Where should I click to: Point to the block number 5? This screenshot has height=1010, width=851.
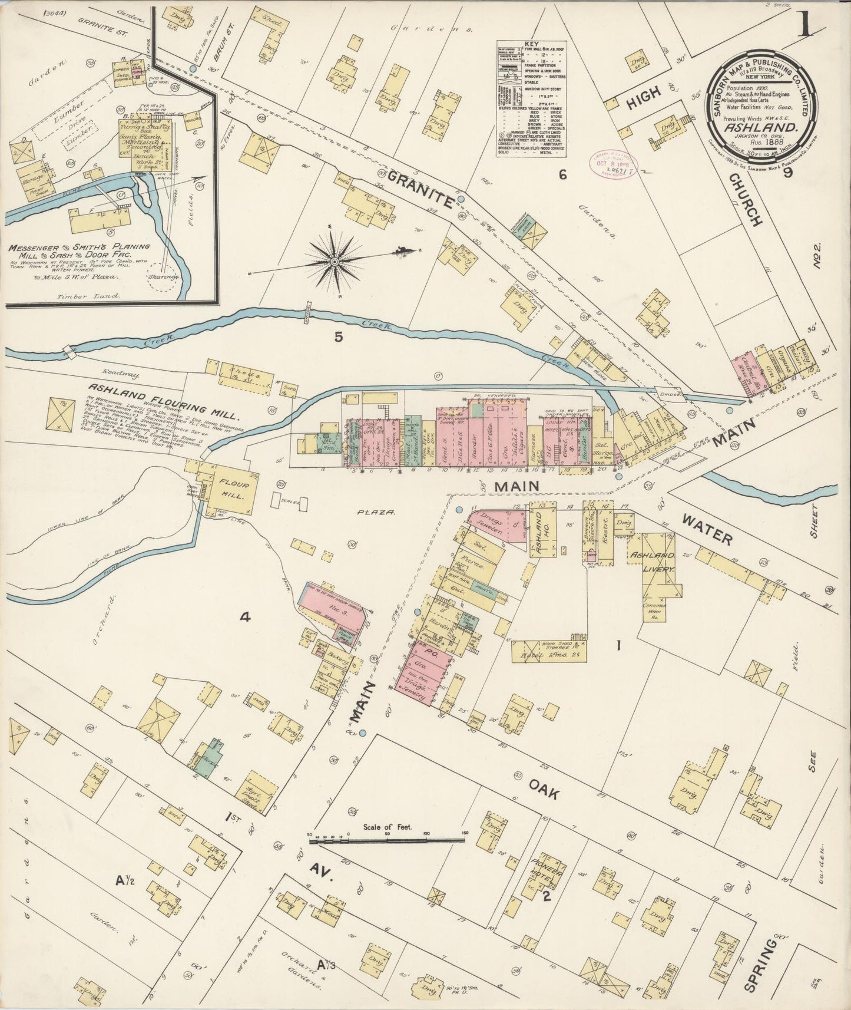click(338, 337)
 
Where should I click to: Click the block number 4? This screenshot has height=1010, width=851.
click(245, 617)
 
